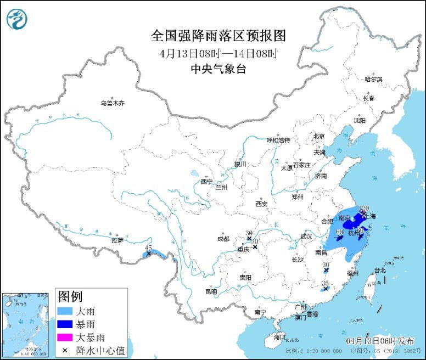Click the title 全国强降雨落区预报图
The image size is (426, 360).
218,36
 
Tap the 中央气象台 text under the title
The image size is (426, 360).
218,69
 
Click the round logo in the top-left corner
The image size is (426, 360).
16,19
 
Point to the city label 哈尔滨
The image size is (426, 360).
373,80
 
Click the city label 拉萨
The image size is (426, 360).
117,240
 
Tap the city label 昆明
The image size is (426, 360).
211,291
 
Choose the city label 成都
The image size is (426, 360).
223,239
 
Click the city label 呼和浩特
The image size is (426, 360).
278,140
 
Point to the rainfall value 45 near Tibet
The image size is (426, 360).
148,248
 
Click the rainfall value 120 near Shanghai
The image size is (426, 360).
362,209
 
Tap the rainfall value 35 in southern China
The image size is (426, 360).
325,283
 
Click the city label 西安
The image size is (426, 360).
261,204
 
